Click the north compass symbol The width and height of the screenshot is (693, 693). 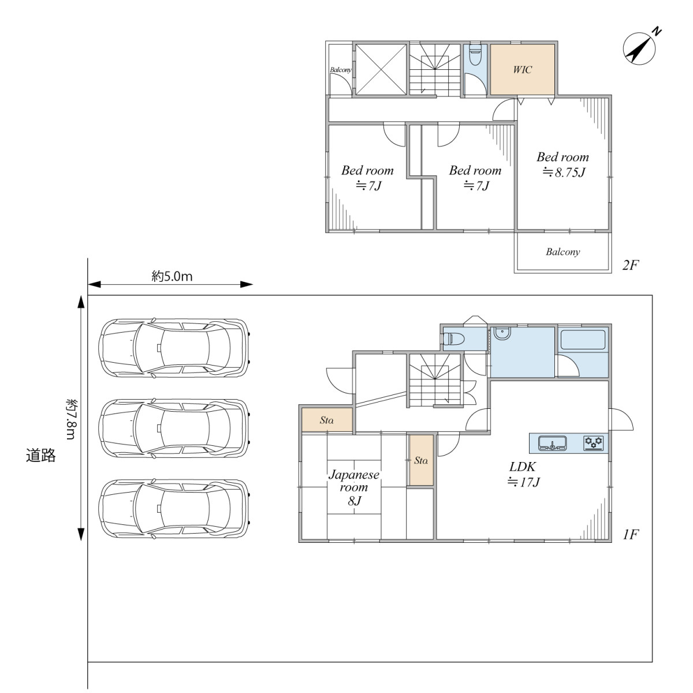click(639, 48)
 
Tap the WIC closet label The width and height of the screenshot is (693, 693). click(522, 69)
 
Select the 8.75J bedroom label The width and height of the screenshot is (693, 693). click(563, 165)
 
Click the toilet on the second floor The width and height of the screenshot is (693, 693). click(475, 55)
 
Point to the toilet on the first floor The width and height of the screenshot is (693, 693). click(453, 338)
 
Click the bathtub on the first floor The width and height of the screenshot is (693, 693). click(583, 340)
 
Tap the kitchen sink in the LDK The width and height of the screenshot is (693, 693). click(552, 444)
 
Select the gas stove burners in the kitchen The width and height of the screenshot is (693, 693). click(594, 443)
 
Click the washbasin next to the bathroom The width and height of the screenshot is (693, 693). click(502, 333)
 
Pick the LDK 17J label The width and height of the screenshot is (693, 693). click(523, 474)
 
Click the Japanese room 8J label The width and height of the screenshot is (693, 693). click(354, 487)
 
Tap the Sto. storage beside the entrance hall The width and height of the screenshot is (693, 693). click(326, 420)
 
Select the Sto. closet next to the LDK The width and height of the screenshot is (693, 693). click(421, 460)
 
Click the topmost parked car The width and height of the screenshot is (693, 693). click(174, 348)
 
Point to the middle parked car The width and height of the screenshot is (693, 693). click(174, 429)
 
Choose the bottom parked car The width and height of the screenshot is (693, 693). click(174, 509)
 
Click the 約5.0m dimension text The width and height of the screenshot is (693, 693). click(172, 276)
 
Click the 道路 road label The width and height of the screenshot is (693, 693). click(40, 455)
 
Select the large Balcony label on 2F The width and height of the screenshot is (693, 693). click(563, 252)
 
